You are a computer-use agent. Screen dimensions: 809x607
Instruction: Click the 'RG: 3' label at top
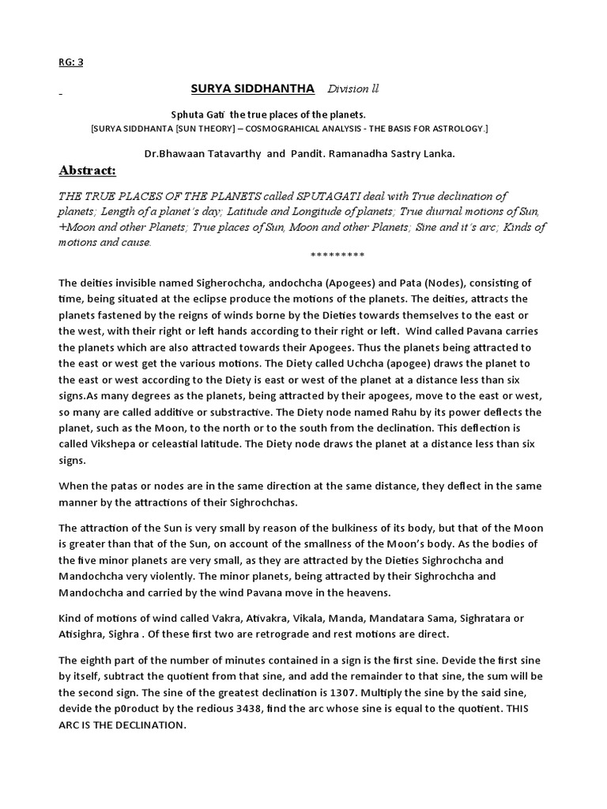(71, 62)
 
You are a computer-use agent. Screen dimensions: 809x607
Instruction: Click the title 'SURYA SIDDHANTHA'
(254, 88)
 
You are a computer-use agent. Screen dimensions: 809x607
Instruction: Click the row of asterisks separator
(337, 255)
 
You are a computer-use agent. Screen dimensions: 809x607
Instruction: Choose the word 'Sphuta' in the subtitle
(185, 115)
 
